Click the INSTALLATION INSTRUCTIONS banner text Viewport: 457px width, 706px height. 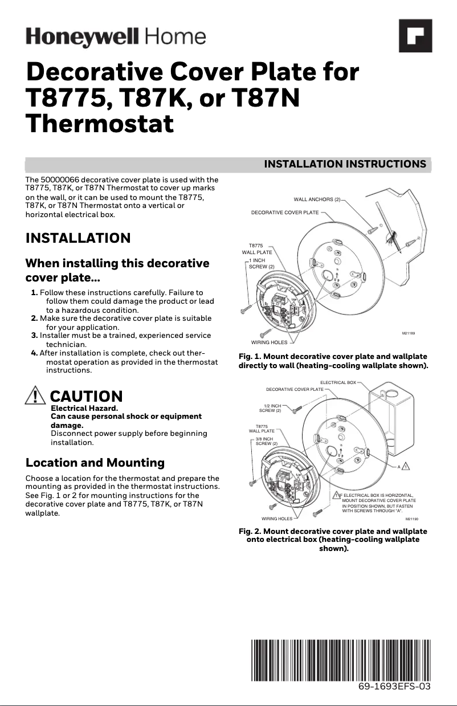(345, 164)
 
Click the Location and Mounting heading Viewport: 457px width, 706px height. (95, 462)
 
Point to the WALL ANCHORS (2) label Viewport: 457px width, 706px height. (317, 199)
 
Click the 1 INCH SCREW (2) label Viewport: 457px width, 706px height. (261, 263)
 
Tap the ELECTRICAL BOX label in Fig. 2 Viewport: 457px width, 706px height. (338, 382)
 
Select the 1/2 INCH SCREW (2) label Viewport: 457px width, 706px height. (271, 408)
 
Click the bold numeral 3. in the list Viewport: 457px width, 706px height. (34, 335)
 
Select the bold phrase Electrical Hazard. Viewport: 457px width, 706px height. (84, 408)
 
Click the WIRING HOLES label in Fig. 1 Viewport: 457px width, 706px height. (269, 342)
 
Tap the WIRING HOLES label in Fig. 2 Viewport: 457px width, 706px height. (277, 519)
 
